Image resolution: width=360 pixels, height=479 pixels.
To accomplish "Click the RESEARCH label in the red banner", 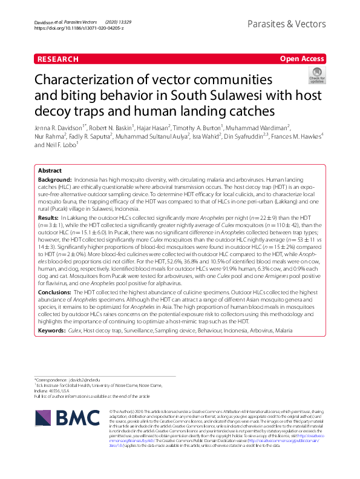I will (58, 59).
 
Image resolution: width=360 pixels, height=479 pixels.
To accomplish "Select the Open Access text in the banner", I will (302, 59).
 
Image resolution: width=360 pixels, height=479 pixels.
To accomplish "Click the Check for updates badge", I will (316, 75).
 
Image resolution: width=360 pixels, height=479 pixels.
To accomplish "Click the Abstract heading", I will (50, 171).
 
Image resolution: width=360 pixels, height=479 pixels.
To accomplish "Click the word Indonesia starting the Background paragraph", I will (88, 181).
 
